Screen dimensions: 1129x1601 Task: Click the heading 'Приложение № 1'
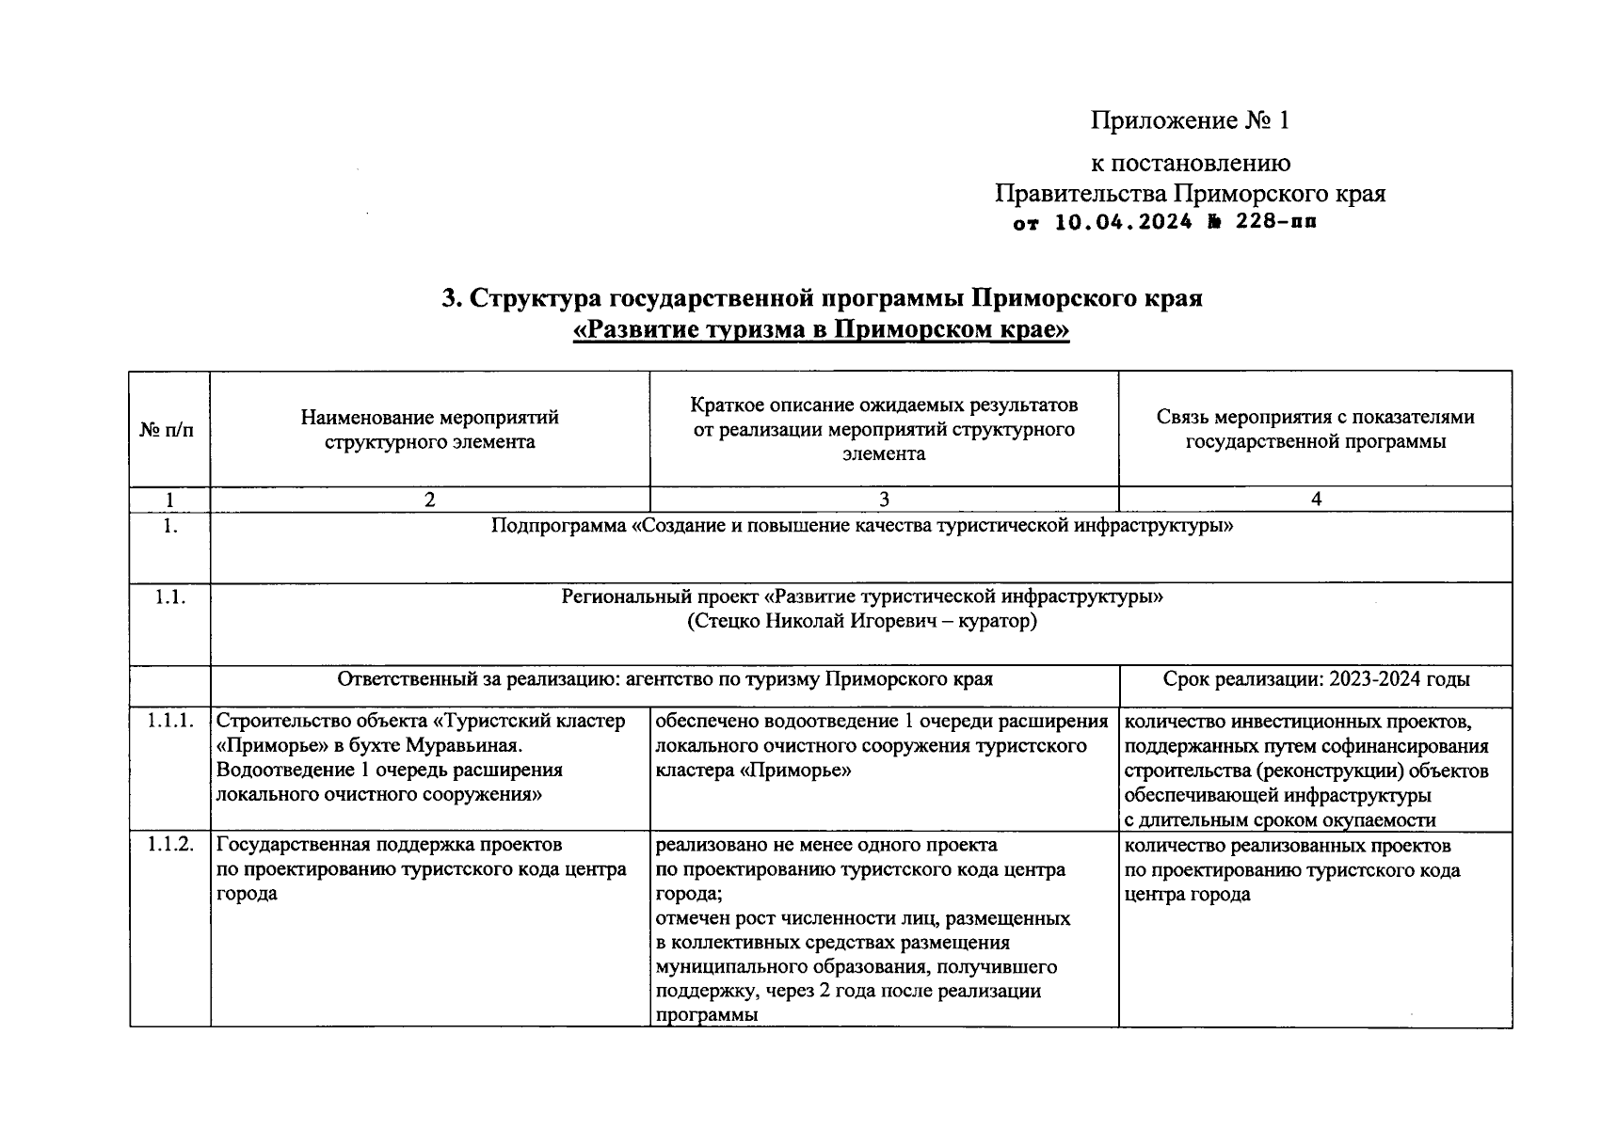(x=1190, y=120)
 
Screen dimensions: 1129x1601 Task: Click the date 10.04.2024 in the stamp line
(x=1122, y=223)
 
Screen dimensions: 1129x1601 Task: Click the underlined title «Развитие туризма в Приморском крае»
(x=822, y=331)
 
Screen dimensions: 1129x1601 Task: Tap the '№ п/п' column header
(x=169, y=430)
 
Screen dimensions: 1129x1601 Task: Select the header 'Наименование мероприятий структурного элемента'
(x=429, y=429)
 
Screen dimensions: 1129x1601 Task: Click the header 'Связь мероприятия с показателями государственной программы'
(x=1315, y=429)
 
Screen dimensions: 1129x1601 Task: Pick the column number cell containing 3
(x=883, y=500)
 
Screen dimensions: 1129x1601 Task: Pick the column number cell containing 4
(x=1315, y=500)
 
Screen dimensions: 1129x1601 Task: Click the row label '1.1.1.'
(x=170, y=721)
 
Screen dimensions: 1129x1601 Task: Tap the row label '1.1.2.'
(x=170, y=845)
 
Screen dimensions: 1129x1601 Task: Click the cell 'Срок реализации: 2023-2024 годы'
(x=1315, y=679)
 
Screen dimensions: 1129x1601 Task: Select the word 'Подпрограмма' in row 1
(x=558, y=525)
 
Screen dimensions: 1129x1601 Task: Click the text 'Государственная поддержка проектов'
(x=389, y=845)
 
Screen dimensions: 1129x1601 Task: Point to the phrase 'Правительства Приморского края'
(x=1190, y=194)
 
